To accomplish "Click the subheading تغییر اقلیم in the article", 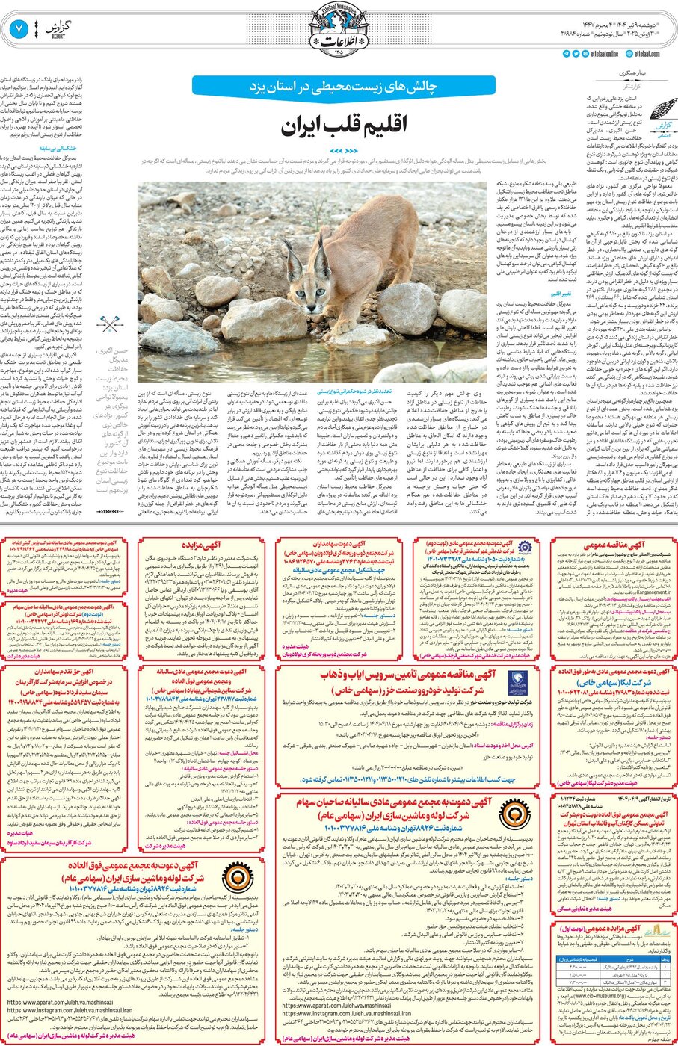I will pyautogui.click(x=561, y=294).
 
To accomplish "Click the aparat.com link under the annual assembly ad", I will pyautogui.click(x=334, y=1005).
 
